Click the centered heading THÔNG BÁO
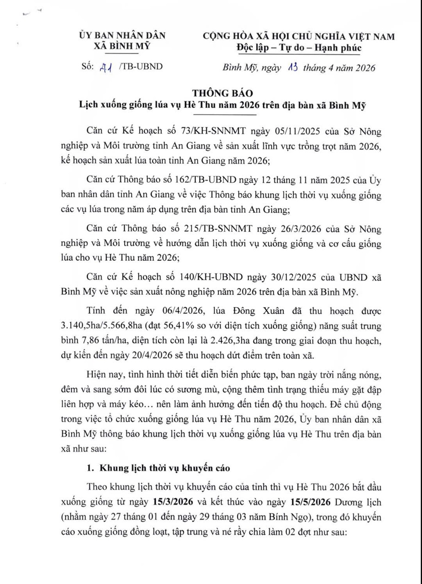pos(223,93)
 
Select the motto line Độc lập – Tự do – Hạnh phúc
pos(299,48)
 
